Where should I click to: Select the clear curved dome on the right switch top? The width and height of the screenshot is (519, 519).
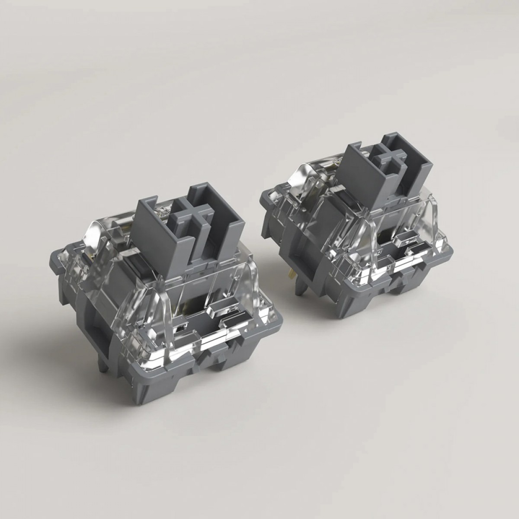(294, 177)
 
